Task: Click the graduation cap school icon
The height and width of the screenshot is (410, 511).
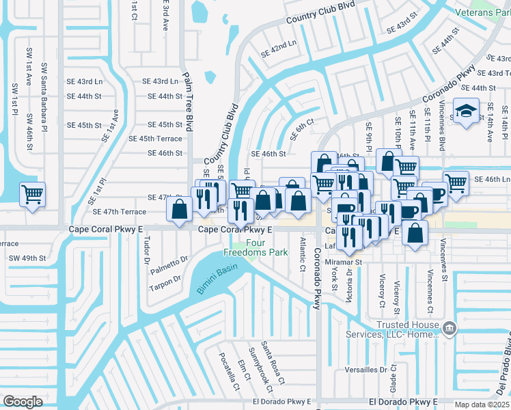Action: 467,111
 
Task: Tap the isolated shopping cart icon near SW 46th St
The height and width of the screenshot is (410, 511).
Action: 32,195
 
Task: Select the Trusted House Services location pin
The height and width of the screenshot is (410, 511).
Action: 449,329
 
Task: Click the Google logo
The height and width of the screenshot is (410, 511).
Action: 23,401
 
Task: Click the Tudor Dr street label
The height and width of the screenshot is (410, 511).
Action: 146,250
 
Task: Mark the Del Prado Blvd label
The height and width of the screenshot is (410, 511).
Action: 502,369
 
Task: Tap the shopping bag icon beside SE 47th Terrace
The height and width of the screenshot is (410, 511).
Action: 180,209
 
